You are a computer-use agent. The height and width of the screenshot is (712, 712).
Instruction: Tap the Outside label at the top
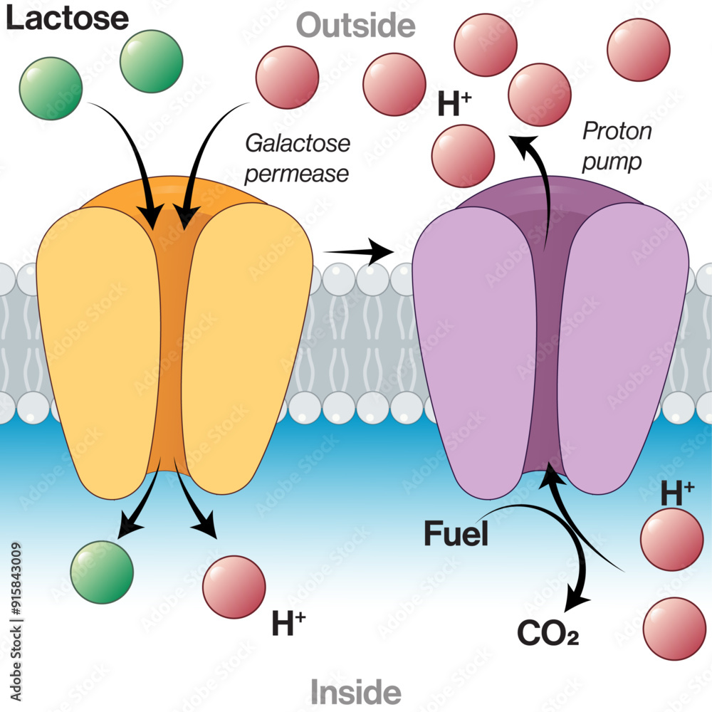tap(355, 26)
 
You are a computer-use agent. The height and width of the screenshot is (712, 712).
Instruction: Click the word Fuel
tap(456, 534)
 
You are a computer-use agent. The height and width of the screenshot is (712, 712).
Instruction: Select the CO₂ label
tap(548, 632)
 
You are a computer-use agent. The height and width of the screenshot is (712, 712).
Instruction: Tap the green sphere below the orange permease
tap(102, 572)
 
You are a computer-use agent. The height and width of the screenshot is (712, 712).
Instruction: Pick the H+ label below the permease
tap(288, 624)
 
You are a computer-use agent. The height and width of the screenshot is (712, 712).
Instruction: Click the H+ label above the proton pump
tap(455, 105)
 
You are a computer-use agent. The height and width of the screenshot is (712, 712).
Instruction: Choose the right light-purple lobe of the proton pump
tap(619, 349)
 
